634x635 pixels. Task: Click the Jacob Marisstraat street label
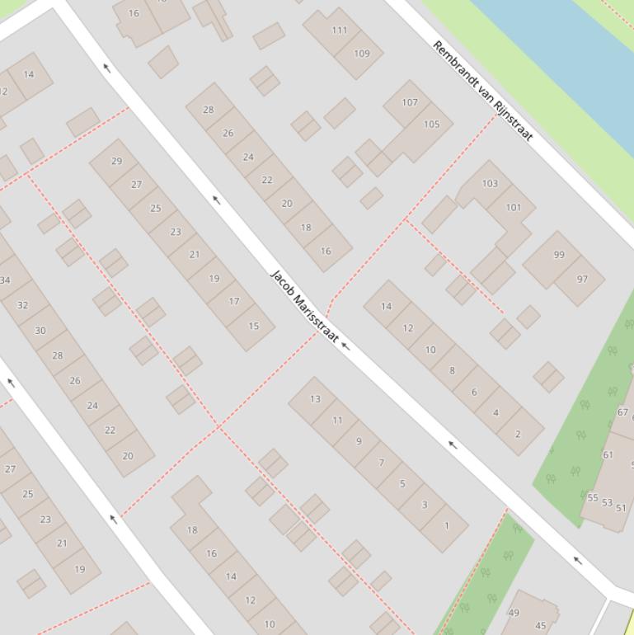304,307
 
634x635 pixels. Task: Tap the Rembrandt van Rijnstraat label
483,91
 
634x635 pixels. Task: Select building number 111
339,31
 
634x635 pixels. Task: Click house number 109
361,54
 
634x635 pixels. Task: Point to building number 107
410,103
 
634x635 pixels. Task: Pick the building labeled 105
431,125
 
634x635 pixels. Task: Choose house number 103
490,183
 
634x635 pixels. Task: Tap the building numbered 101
513,207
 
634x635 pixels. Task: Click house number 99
559,255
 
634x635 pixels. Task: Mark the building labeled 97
582,279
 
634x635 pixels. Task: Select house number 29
116,162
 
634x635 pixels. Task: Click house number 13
315,399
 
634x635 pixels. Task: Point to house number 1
446,525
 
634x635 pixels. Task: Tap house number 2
518,434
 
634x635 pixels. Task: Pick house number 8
452,370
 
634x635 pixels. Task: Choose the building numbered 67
622,412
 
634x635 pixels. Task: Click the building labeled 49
514,613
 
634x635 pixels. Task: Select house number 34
5,280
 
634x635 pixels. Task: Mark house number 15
253,326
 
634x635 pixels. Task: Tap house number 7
381,463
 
